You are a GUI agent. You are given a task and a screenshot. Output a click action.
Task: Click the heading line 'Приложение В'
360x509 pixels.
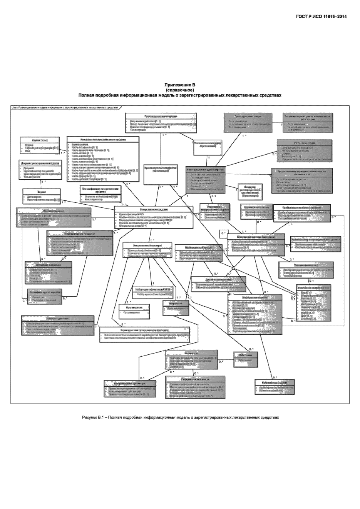tap(180, 85)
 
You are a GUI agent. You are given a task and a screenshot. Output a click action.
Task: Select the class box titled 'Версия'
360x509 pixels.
tap(42, 195)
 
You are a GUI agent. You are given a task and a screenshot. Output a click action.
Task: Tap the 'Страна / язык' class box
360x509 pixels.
tap(40, 145)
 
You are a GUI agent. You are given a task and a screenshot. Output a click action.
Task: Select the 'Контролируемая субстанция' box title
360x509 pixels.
tap(130, 384)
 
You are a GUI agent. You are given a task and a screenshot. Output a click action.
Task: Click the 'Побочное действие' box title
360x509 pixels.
tap(57, 318)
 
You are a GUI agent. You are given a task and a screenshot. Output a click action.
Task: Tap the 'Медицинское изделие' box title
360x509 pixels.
tap(255, 298)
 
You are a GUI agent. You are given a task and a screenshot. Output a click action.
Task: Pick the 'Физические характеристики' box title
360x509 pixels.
tap(313, 287)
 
